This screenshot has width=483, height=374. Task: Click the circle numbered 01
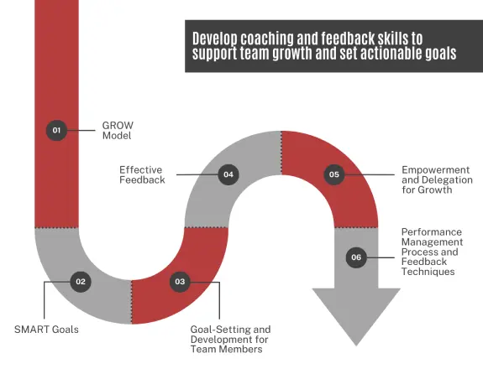coord(56,131)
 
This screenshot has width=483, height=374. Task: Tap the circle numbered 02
coord(81,282)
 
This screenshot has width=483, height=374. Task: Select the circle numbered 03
coord(180,282)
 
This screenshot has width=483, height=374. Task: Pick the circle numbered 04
coord(228,174)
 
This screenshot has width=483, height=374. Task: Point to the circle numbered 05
coord(334,174)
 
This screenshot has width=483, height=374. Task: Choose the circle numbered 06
coord(356,257)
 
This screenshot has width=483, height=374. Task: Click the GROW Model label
coord(118,131)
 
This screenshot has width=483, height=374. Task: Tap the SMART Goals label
coord(46,330)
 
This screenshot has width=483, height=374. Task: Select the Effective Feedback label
coord(142,174)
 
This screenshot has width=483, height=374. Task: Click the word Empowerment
coord(436,170)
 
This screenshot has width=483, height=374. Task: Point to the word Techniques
coord(428,272)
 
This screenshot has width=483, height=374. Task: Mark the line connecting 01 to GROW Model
coord(81,131)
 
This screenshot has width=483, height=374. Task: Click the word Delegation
coord(446,180)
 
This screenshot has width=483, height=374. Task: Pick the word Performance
coord(432,232)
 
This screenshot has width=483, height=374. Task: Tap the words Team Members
coord(227,350)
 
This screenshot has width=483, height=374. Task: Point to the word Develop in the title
coord(215,39)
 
